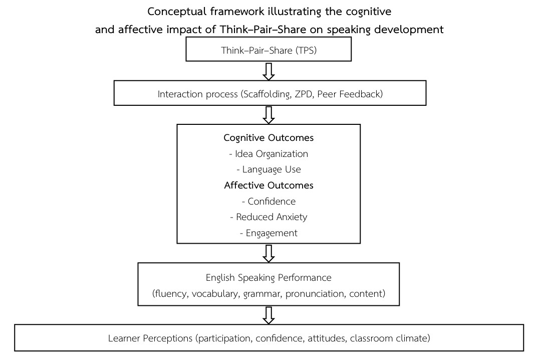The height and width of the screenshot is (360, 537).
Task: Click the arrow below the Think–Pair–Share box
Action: (x=269, y=72)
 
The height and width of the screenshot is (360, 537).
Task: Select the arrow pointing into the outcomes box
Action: (x=269, y=115)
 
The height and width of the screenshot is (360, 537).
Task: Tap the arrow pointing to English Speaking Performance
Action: (x=269, y=254)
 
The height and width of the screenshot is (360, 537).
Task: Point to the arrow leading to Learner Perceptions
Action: (x=269, y=314)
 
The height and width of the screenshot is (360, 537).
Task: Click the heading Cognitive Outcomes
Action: (x=268, y=137)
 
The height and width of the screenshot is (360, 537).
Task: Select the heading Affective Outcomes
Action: (x=268, y=185)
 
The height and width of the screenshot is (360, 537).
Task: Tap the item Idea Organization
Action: (x=268, y=153)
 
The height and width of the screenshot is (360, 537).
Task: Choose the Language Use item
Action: (x=268, y=169)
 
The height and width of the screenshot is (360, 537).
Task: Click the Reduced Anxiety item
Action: (x=268, y=217)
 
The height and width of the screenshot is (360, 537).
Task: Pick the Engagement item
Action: (x=268, y=233)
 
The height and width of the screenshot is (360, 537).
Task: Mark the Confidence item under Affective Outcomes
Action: (x=268, y=201)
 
